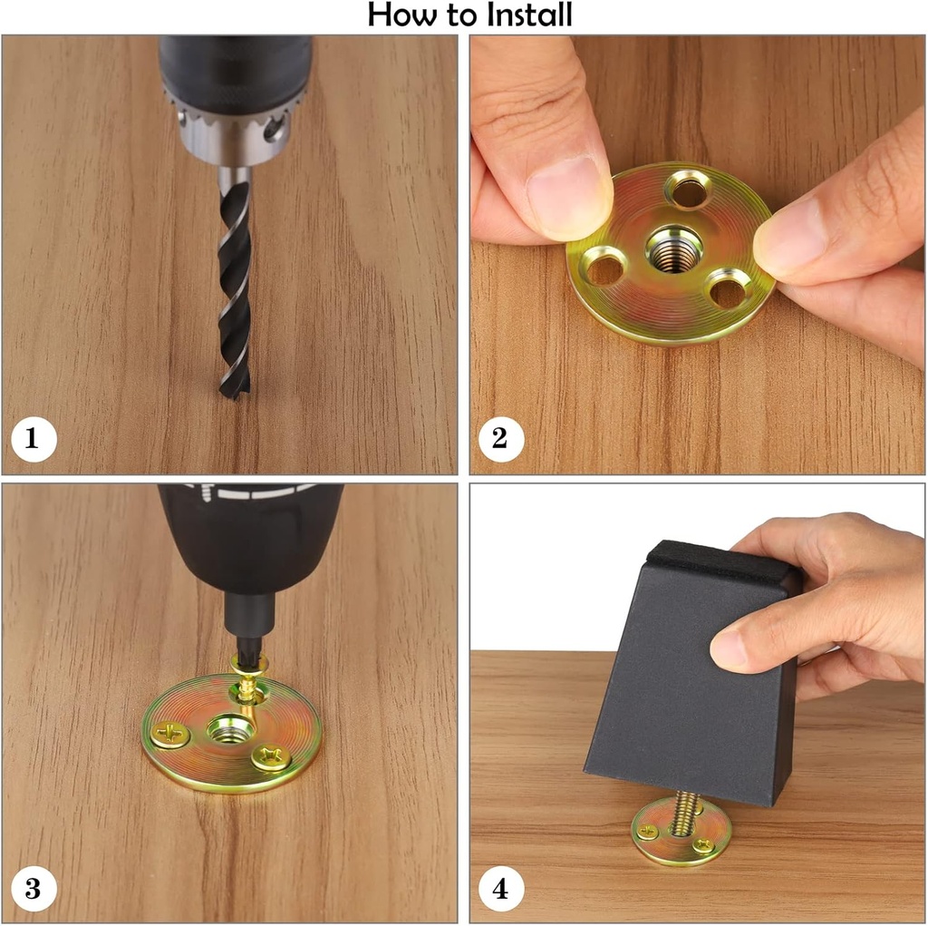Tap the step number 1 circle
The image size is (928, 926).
coord(34,439)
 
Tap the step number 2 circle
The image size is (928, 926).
coord(501,439)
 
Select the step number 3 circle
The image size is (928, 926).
coord(34,889)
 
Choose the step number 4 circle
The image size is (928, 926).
coord(501,889)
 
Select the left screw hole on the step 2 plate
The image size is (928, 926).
coord(604,268)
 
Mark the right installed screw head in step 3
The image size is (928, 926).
coord(271,757)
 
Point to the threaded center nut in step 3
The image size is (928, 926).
coord(231,732)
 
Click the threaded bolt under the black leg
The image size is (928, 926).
coord(684,813)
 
